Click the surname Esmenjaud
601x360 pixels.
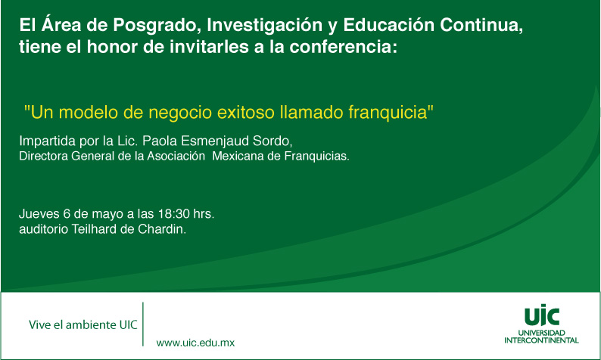[x=215, y=141]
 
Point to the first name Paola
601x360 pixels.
[x=160, y=141]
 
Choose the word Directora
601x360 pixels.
[x=43, y=157]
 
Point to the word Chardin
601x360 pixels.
[x=160, y=229]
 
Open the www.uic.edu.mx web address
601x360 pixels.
[x=195, y=343]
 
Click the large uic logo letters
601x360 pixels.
[x=542, y=315]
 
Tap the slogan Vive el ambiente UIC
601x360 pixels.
[x=83, y=324]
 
